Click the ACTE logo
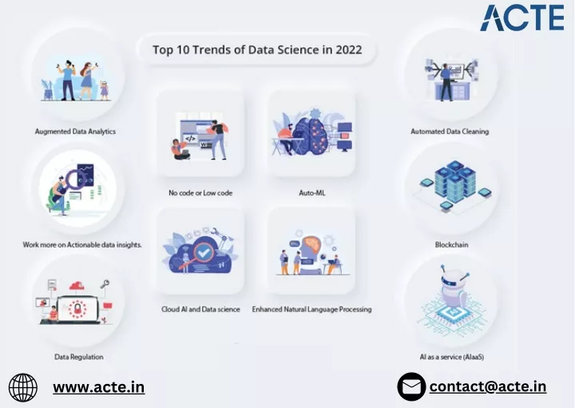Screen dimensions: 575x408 [x=522, y=18]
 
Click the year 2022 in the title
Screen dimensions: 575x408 [x=348, y=50]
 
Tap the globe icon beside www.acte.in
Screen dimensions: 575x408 [x=22, y=387]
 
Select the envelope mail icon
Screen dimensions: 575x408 [x=411, y=386]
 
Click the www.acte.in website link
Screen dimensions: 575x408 [x=99, y=387]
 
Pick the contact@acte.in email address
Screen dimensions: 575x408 [x=488, y=386]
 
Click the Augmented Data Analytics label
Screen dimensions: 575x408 [x=75, y=131]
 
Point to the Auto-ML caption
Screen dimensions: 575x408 [x=312, y=192]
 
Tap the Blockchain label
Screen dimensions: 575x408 [x=451, y=244]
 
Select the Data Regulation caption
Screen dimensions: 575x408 [x=79, y=357]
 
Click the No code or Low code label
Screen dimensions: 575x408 [x=200, y=192]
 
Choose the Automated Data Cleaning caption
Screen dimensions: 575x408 [x=450, y=131]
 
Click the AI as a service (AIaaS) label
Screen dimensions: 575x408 [x=452, y=357]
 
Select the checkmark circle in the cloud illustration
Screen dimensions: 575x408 [x=202, y=252]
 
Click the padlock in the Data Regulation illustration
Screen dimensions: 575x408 [x=77, y=309]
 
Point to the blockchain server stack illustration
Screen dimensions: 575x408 [x=454, y=181]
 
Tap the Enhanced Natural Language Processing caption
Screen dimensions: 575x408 [x=311, y=309]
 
